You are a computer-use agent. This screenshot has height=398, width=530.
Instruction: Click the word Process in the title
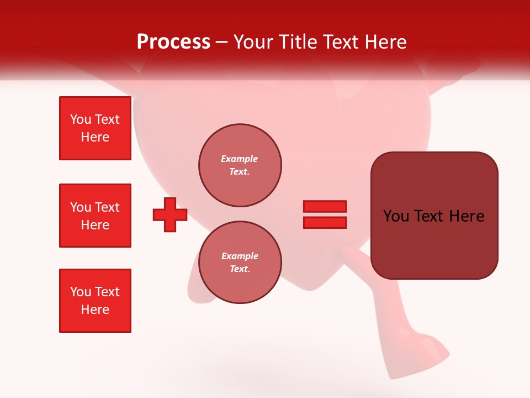point(173,42)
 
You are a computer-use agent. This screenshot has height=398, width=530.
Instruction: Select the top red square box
point(95,128)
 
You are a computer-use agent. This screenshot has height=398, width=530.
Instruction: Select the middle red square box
point(95,216)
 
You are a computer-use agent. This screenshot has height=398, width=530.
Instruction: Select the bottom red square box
point(95,301)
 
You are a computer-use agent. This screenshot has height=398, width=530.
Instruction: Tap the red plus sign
point(170,214)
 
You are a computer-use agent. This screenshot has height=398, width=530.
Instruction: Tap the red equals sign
point(325,214)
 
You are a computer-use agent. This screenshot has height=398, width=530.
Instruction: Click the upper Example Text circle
point(240,165)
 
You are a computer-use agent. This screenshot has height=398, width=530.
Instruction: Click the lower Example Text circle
point(240,263)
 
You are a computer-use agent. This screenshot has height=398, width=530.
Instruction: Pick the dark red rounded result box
point(434,216)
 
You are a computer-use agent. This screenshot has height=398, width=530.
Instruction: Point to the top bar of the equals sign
point(325,207)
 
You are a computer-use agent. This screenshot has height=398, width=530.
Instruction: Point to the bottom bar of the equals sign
point(325,222)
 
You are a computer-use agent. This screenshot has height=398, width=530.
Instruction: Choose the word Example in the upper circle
point(240,159)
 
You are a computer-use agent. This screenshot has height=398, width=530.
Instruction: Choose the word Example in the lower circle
point(240,256)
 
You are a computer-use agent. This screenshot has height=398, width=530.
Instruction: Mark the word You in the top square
point(81,119)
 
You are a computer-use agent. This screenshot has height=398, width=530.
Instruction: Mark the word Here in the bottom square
point(95,310)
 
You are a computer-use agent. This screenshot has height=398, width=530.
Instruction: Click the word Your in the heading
point(253,42)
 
